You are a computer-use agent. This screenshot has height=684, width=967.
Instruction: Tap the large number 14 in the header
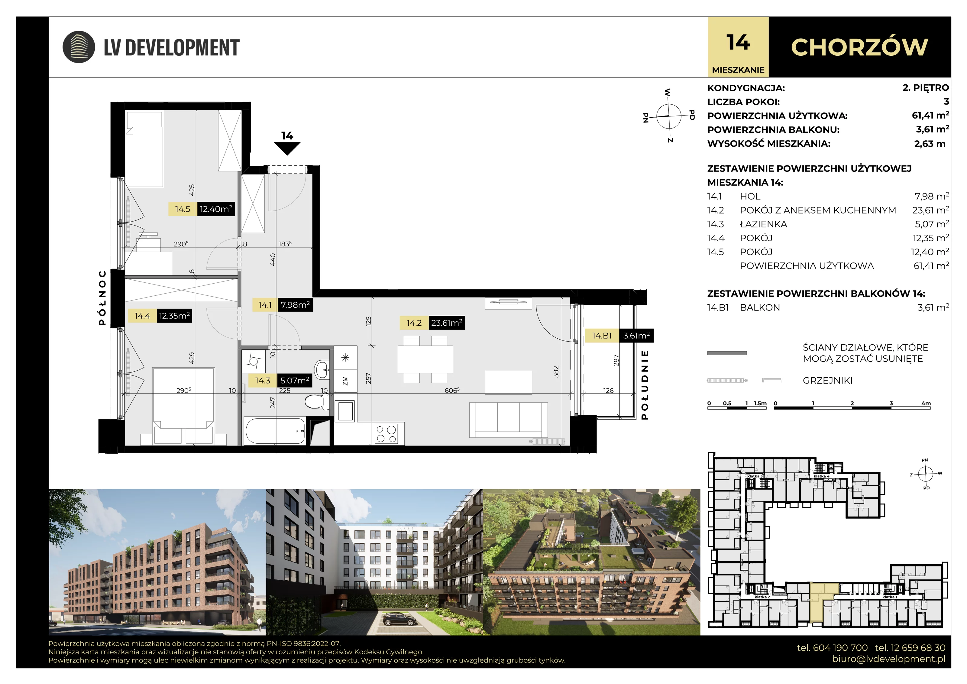click(738, 43)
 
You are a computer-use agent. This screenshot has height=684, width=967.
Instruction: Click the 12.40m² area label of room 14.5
click(216, 209)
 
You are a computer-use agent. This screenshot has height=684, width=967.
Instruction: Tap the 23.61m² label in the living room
click(446, 323)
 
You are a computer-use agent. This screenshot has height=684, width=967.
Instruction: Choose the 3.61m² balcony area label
click(636, 335)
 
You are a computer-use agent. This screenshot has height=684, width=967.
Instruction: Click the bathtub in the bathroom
click(275, 430)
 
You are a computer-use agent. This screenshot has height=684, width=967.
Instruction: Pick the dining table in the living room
click(425, 359)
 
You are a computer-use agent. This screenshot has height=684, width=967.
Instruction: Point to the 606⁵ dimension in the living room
click(452, 390)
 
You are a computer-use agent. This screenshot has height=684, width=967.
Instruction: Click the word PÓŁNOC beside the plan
click(102, 298)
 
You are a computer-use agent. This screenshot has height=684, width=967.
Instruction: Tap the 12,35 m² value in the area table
click(931, 238)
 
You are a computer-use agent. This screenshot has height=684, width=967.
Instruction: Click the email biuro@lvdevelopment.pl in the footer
click(889, 659)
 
